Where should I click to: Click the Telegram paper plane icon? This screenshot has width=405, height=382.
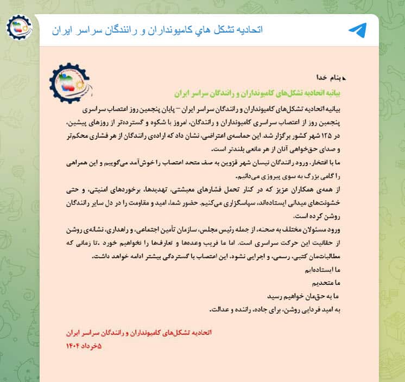(x=357, y=30)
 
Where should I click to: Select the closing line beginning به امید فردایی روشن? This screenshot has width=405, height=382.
(x=277, y=310)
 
